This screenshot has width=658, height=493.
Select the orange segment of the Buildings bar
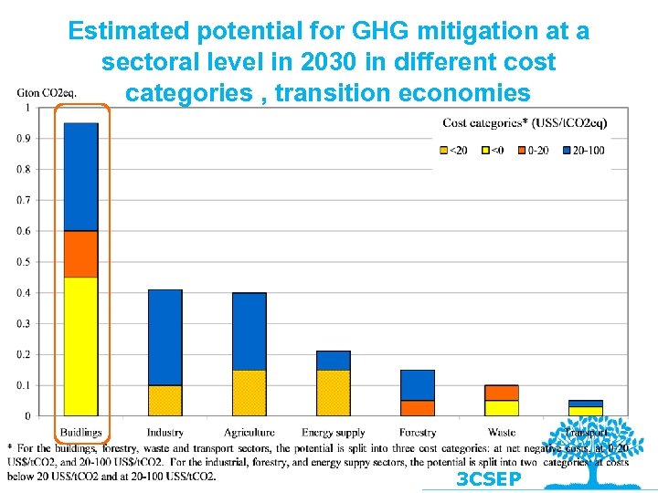coord(81,254)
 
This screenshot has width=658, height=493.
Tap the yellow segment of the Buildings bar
coord(81,346)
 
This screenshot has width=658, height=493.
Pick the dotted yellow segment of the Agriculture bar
coord(249,393)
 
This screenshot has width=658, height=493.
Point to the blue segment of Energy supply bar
coord(334,360)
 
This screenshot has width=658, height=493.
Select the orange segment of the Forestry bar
coord(418,408)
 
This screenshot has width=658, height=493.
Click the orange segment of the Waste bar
coord(502,393)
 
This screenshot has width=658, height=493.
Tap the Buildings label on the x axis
coord(81,432)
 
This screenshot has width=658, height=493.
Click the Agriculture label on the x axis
coord(249,432)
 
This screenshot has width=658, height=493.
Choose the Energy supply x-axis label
coord(334,432)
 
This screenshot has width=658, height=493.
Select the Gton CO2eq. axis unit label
coord(47,91)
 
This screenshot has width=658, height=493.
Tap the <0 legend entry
coord(492,151)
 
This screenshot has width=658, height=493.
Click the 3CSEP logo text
coord(489,479)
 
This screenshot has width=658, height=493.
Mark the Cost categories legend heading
coord(525,122)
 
